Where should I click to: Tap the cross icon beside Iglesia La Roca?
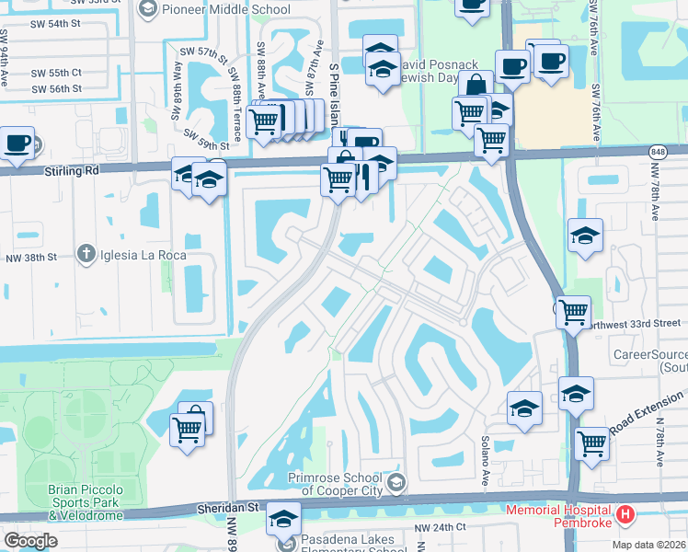coord(86,254)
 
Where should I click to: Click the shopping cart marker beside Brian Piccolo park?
coord(187,427)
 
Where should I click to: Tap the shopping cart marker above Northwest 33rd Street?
coord(574,312)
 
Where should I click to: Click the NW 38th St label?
coord(34,258)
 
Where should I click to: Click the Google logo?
coord(30,541)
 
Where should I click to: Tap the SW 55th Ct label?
coord(57,72)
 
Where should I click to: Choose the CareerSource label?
coord(650,354)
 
